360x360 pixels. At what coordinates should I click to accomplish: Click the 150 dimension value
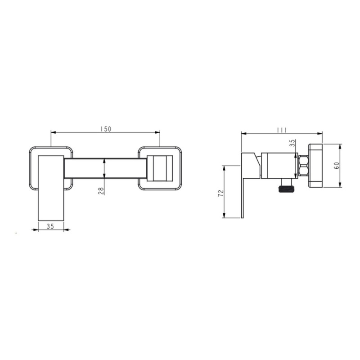click(106, 129)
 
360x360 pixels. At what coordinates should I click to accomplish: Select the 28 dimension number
click(101, 191)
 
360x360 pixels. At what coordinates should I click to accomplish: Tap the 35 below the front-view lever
click(50, 226)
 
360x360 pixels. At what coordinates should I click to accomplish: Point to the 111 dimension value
click(282, 130)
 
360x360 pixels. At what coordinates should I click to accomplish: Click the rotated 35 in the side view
click(292, 143)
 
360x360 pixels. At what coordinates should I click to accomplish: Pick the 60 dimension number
click(337, 166)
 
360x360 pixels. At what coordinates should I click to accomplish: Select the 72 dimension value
click(221, 193)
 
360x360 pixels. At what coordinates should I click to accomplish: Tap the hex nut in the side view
click(303, 166)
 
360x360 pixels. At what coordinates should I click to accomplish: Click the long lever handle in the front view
click(51, 188)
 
